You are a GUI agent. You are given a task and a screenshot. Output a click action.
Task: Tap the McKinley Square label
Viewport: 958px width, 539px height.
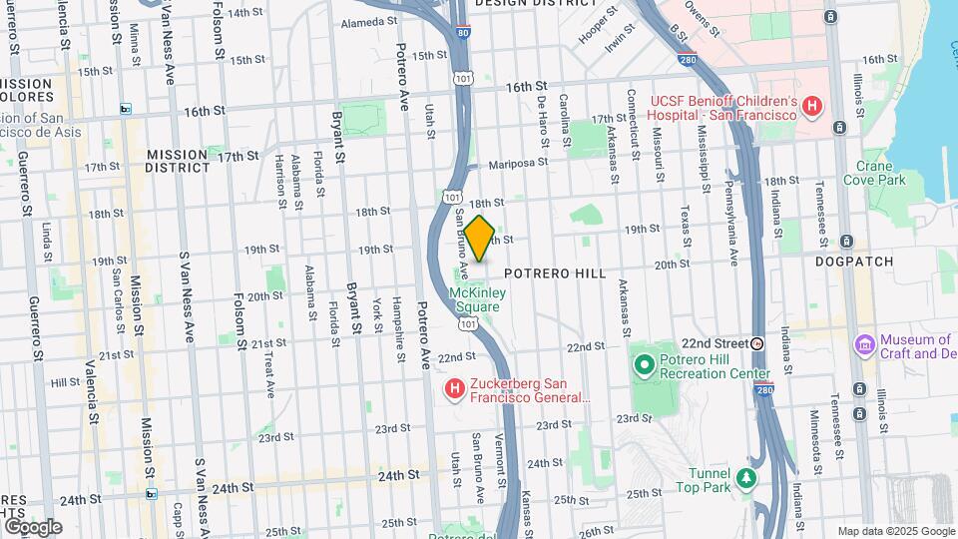tap(478, 299)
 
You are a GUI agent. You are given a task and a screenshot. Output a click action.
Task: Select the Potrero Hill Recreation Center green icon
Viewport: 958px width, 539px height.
tap(644, 364)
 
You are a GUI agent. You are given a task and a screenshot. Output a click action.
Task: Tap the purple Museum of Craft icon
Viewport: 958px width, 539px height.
tap(864, 344)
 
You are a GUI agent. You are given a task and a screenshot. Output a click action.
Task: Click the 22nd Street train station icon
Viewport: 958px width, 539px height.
tap(757, 342)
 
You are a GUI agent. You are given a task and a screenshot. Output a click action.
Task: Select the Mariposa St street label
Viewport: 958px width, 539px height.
tap(519, 163)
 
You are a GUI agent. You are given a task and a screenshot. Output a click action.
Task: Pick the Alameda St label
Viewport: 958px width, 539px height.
tap(369, 22)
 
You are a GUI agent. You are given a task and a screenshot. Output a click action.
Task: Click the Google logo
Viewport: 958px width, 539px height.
tap(33, 526)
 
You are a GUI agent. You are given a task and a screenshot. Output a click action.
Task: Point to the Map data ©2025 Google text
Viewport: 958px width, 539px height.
tap(895, 531)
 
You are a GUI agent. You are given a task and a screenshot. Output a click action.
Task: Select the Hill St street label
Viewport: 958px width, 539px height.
tap(65, 381)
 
